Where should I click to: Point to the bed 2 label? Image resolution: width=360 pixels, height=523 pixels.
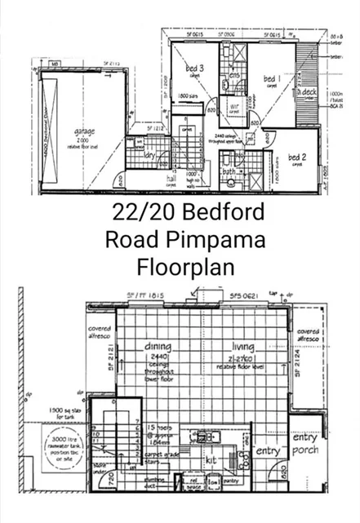pos(297,157)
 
